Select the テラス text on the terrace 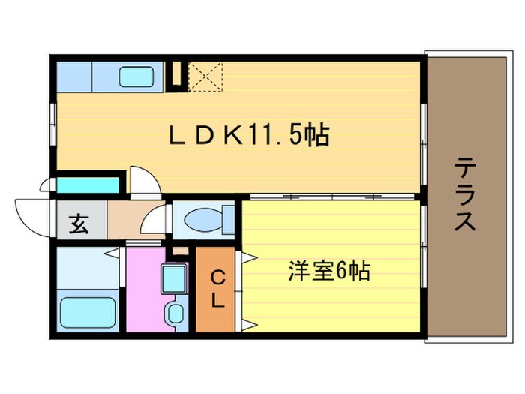pos(465,194)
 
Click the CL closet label pos(216,290)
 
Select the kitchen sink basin pos(136,76)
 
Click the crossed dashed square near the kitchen pos(201,75)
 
